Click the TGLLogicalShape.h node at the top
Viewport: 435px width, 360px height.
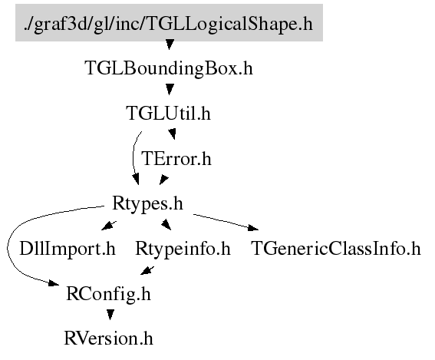(169, 23)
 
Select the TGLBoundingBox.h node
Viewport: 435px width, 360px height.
(169, 68)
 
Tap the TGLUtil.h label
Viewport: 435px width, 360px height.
(168, 114)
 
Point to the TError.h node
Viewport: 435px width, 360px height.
(176, 158)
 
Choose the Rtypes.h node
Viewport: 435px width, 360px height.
(147, 203)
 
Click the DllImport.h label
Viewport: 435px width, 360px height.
(68, 249)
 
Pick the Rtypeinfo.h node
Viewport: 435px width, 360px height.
(183, 249)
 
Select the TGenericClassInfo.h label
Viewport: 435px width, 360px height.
(336, 249)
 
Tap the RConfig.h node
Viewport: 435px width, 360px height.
(108, 294)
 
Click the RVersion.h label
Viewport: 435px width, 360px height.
(108, 339)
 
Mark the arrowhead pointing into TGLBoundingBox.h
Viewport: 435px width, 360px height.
(170, 45)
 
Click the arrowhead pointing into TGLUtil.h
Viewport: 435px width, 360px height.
(170, 89)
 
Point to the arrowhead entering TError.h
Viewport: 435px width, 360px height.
(173, 134)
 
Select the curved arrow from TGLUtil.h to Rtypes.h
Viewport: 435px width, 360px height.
(133, 157)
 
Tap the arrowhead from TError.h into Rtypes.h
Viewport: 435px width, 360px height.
(163, 180)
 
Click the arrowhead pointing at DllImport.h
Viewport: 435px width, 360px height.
(108, 226)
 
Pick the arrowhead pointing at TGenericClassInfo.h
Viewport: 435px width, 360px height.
(253, 228)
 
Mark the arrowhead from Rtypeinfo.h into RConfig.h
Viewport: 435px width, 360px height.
(147, 271)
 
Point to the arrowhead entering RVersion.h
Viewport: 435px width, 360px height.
(110, 315)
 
